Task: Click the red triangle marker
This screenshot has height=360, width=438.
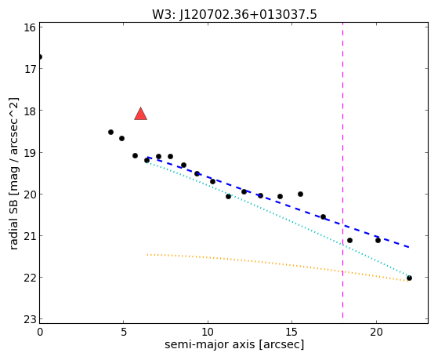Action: tap(140, 114)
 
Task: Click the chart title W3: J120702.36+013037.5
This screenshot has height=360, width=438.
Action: tap(234, 14)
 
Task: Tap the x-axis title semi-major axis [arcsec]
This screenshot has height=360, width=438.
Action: tap(234, 344)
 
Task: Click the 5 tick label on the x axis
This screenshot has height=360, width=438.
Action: tap(124, 332)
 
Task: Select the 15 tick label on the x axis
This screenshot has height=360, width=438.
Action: tap(291, 332)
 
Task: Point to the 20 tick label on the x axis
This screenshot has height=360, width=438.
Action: tap(376, 332)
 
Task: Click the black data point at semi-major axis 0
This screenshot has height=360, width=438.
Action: tap(40, 57)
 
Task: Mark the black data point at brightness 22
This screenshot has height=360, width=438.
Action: tap(409, 278)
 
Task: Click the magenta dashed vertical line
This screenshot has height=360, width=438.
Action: tap(342, 171)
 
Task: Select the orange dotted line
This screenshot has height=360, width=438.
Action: tap(277, 267)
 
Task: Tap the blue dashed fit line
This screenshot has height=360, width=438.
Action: tap(278, 202)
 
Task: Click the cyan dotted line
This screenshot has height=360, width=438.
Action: tap(277, 219)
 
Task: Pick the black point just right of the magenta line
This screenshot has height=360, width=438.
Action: tap(349, 240)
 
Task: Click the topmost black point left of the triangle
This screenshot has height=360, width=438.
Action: tap(110, 132)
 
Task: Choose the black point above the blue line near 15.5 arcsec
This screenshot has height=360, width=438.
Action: tap(300, 195)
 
